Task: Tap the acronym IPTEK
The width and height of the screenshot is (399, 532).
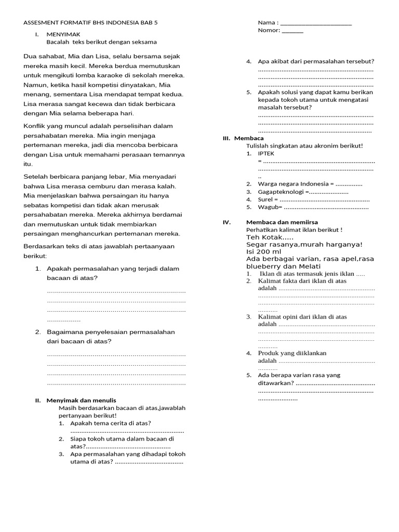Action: [266, 154]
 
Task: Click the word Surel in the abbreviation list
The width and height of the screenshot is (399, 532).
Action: [265, 199]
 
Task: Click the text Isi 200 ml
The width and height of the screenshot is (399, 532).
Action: [263, 251]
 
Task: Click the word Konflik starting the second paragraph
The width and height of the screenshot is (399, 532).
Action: [36, 126]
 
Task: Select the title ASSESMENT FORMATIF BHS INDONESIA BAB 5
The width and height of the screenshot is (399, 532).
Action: [90, 23]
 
